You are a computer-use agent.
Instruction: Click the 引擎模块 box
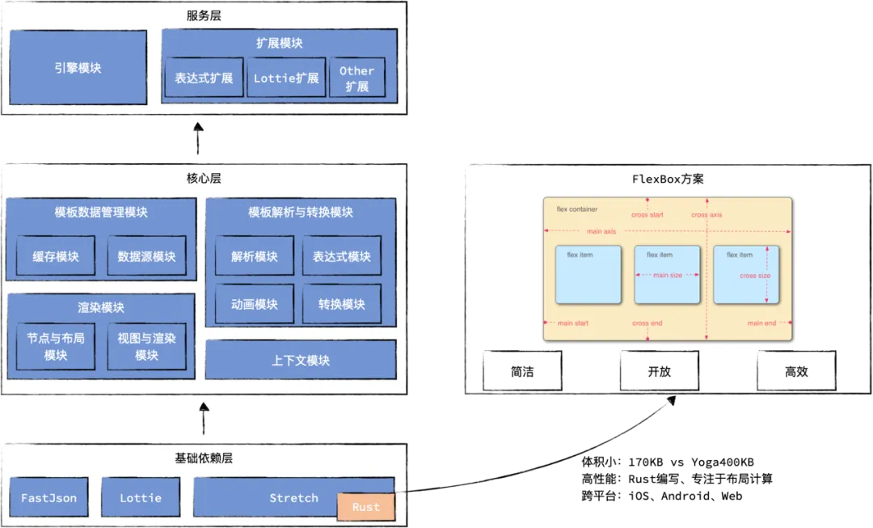tap(78, 68)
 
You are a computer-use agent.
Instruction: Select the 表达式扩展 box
tap(204, 78)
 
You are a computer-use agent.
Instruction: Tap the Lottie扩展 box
tap(286, 78)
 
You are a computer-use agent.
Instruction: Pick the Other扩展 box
tap(356, 78)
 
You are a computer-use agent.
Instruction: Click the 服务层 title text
tap(204, 15)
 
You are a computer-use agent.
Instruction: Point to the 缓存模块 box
tap(56, 256)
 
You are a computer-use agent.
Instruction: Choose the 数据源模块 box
tap(146, 256)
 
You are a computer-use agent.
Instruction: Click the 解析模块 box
tap(254, 256)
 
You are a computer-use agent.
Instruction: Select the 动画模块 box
tap(254, 304)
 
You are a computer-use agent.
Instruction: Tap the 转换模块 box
tap(341, 304)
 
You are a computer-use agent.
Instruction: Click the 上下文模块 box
tap(301, 360)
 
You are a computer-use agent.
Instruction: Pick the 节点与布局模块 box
tap(56, 346)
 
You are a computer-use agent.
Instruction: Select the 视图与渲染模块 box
tap(146, 346)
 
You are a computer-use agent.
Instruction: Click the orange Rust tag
tap(366, 507)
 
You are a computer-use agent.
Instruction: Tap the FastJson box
tap(48, 498)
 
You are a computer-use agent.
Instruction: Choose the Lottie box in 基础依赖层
tap(141, 498)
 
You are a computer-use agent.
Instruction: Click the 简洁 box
tap(523, 372)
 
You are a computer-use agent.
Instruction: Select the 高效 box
tap(796, 372)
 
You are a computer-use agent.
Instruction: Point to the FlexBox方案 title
tap(667, 179)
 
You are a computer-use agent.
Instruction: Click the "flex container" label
tap(577, 209)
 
